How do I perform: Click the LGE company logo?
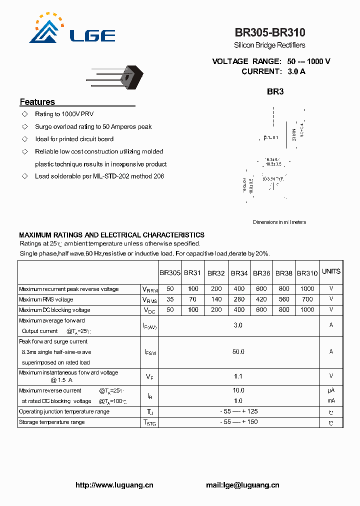72,29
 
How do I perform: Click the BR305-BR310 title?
270,32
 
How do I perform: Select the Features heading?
37,102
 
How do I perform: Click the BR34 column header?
239,273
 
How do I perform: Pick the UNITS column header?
331,271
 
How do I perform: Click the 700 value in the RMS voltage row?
307,299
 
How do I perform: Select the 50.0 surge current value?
238,352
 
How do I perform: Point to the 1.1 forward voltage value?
238,376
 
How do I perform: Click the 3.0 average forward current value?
238,325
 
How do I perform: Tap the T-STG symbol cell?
149,422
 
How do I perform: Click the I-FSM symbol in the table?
149,352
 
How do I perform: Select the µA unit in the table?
331,390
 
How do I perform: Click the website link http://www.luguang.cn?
114,485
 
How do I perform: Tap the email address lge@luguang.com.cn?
242,485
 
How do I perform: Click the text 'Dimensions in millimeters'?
279,222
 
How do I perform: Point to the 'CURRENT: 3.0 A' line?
273,71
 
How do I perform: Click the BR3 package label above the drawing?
275,91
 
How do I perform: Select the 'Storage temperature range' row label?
51,422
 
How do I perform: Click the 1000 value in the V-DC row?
307,310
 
